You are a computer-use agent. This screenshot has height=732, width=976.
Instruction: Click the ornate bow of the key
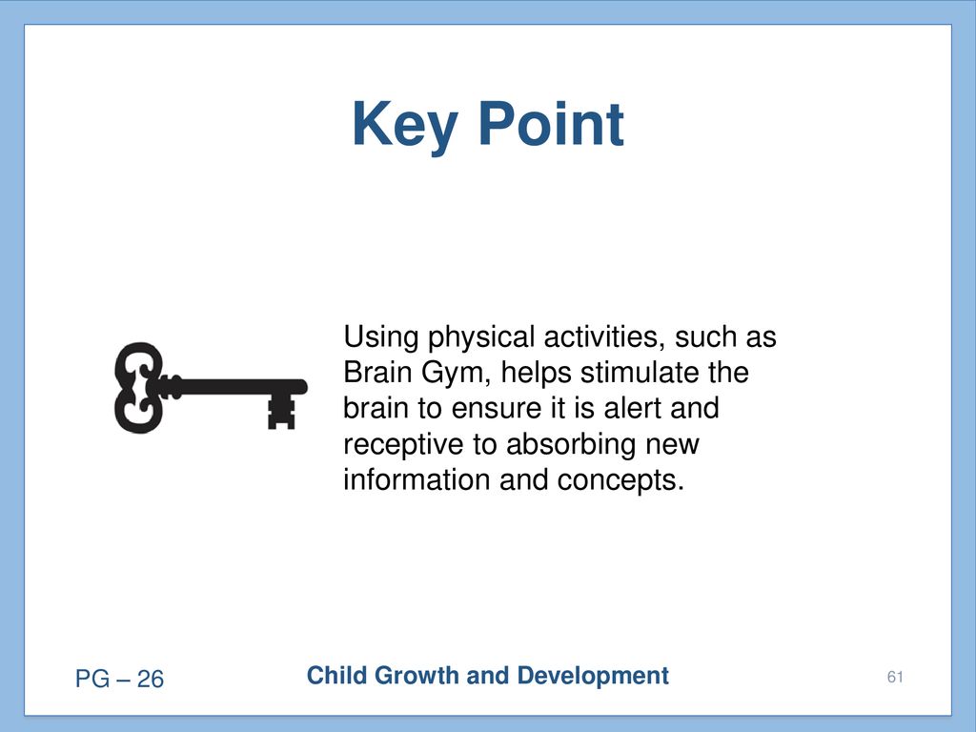pos(138,387)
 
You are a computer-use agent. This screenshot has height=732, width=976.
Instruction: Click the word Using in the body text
pos(381,338)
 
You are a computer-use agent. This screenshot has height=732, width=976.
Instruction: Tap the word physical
pos(480,338)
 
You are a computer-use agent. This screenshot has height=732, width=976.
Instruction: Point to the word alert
pos(633,408)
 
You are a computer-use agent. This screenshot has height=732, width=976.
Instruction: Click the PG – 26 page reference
pos(119,679)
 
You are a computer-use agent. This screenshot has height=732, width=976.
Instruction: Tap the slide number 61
pos(895,677)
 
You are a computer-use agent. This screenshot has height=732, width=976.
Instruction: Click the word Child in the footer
pos(336,676)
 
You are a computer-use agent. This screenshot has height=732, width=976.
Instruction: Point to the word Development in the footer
pos(593,677)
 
